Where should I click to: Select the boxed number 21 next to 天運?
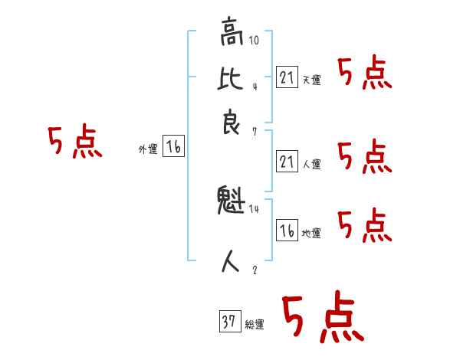pos(286,77)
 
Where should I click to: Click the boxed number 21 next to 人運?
pos(286,161)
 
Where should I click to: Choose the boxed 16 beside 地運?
pos(286,230)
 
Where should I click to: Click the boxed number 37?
pos(229,322)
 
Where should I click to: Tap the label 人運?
pos(311,164)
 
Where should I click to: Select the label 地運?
pos(311,234)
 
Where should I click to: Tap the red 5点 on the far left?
pos(74,142)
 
